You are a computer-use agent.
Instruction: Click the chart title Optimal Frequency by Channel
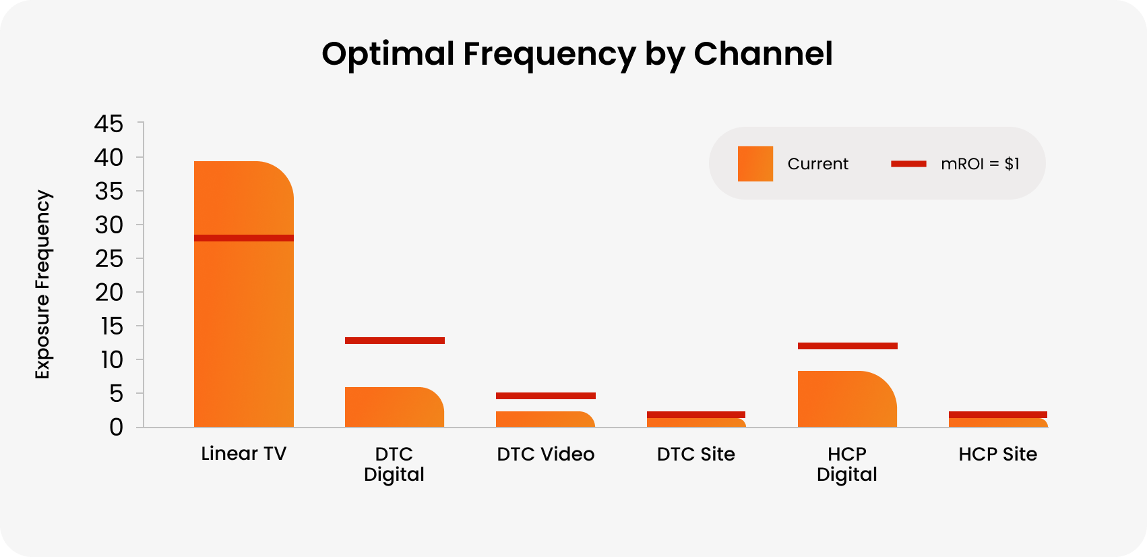tap(577, 54)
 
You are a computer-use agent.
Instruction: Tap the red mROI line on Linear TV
tap(243, 238)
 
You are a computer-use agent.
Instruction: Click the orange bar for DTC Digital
tap(394, 407)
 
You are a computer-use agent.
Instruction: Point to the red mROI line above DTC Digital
tap(394, 341)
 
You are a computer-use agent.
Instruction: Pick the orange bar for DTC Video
tap(545, 419)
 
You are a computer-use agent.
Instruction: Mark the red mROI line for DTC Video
tap(545, 396)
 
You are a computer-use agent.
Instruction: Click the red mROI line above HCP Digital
tap(847, 346)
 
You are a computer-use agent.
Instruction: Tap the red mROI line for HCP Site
tap(997, 415)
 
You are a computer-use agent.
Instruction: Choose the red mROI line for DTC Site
tap(695, 415)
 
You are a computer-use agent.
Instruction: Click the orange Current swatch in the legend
tap(755, 164)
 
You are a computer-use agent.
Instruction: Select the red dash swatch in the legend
tap(908, 164)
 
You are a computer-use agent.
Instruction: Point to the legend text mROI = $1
tap(980, 164)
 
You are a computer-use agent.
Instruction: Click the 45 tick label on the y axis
tap(108, 124)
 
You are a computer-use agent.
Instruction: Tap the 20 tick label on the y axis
tap(108, 293)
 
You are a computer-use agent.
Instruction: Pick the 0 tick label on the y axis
tap(116, 428)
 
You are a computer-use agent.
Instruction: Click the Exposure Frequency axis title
tap(42, 285)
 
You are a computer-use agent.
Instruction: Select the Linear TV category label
tap(243, 454)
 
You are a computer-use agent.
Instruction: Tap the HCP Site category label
tap(997, 455)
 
